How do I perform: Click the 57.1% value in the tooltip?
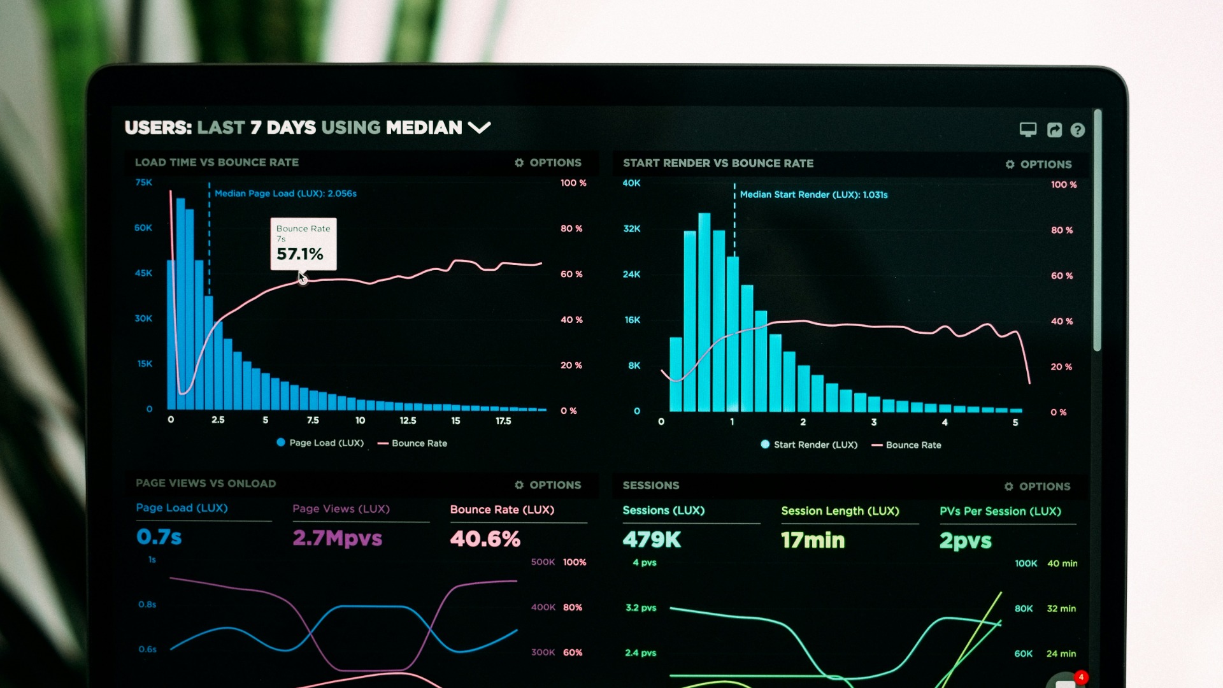(x=299, y=254)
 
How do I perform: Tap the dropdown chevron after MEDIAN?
(x=479, y=128)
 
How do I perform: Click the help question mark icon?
(x=1077, y=130)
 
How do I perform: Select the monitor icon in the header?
(x=1027, y=129)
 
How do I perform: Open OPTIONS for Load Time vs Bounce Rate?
(x=548, y=163)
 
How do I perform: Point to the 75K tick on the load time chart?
(x=143, y=183)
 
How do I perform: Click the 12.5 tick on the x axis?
(x=408, y=420)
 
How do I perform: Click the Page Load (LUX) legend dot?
(x=281, y=443)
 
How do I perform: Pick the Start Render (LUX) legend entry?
(x=809, y=445)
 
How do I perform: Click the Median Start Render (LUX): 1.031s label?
(x=813, y=195)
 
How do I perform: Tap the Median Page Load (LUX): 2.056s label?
(x=285, y=194)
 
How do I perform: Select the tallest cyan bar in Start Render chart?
(x=704, y=312)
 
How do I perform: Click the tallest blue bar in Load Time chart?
(x=180, y=306)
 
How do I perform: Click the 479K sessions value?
(x=652, y=540)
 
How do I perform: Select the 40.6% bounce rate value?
(x=485, y=539)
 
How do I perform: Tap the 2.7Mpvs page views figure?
(x=337, y=538)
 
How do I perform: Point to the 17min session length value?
(x=813, y=541)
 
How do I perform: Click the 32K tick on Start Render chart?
(x=631, y=229)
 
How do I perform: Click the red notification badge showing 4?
(x=1081, y=677)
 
